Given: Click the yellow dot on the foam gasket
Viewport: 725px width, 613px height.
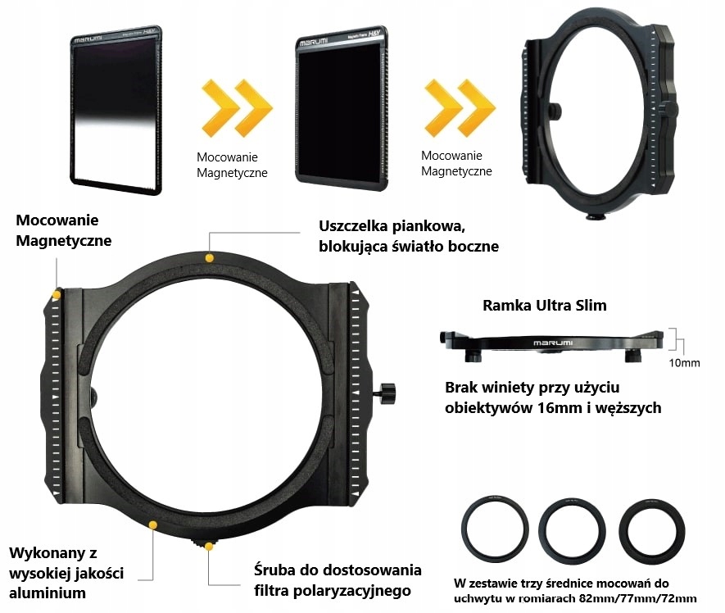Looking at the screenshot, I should click(x=210, y=258).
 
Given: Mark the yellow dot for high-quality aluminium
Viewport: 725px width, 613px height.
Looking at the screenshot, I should click(x=152, y=523).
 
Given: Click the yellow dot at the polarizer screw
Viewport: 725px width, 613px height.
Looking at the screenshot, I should click(x=210, y=546).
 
